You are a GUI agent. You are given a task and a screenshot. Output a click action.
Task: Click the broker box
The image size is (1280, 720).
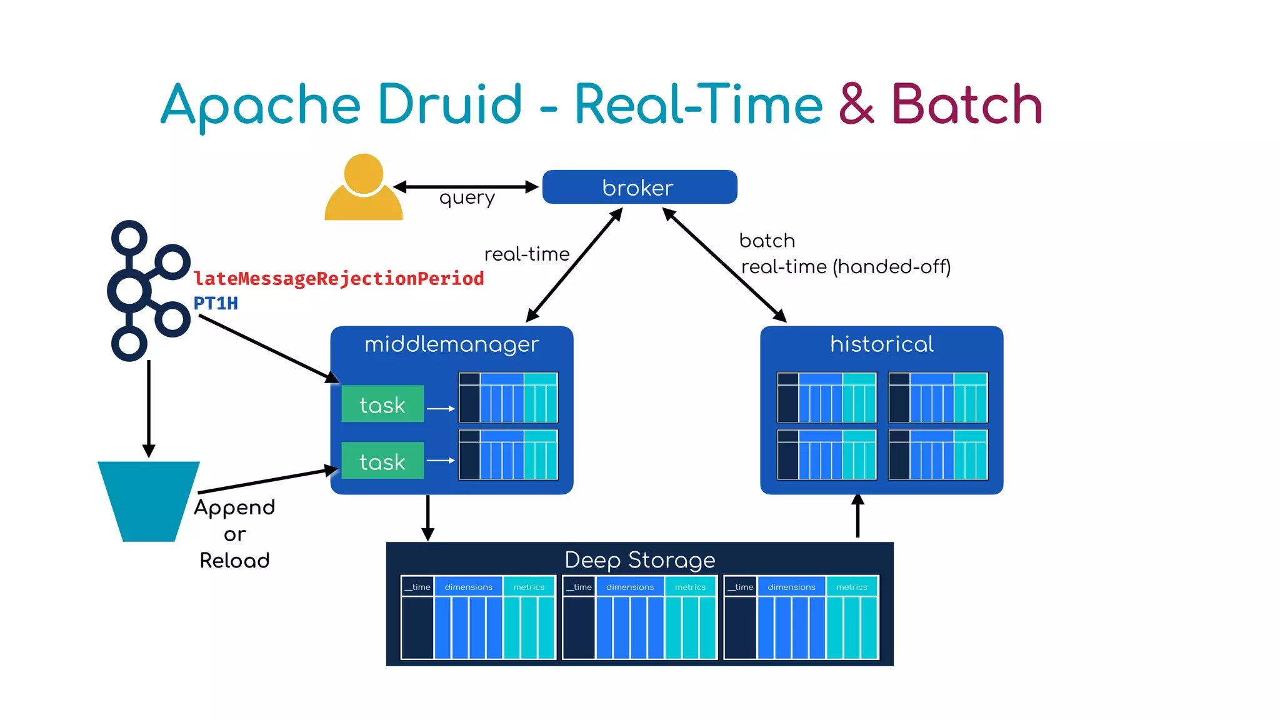click(639, 187)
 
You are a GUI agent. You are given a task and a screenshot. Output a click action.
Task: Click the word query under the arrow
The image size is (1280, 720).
click(467, 198)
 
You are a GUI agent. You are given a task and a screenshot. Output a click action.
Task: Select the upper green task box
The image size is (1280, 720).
click(382, 404)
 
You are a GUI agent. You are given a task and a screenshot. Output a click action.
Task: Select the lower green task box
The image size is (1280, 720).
click(382, 461)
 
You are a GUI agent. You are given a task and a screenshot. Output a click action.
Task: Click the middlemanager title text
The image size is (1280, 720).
click(451, 344)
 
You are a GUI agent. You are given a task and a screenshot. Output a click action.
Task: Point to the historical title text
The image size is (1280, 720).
click(881, 344)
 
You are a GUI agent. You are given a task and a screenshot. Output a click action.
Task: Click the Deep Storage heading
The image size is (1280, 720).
click(639, 559)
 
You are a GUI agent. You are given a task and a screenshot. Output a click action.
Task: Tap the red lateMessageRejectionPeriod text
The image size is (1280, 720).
click(339, 278)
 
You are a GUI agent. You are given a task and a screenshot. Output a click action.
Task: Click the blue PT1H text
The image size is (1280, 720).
click(216, 303)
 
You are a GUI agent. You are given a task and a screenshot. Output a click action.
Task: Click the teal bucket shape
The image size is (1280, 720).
click(149, 500)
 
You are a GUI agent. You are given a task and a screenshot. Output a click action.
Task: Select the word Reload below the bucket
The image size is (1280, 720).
click(234, 560)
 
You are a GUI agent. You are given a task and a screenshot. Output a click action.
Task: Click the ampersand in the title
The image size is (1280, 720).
click(856, 104)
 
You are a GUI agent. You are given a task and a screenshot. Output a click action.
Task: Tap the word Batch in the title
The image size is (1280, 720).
click(966, 104)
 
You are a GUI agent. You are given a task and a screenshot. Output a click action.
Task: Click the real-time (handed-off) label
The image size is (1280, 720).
click(845, 267)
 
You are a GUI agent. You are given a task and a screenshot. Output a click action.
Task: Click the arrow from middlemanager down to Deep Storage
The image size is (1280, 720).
click(427, 517)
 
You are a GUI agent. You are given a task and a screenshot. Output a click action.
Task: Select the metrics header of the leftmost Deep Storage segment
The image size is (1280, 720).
click(529, 587)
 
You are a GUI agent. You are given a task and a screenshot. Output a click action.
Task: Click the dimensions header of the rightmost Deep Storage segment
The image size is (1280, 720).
click(791, 587)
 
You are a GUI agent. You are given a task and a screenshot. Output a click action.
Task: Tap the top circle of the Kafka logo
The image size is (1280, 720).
click(129, 237)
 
